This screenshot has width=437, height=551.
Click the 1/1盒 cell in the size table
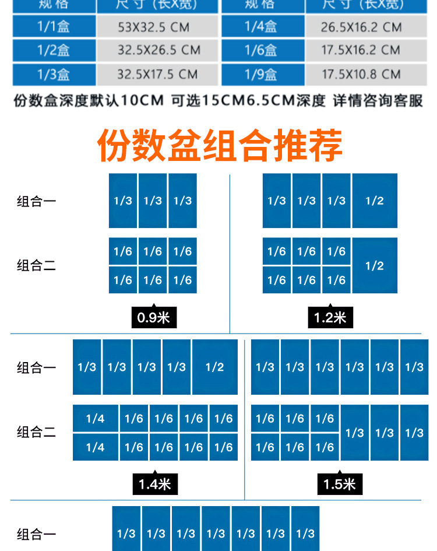pyautogui.click(x=53, y=27)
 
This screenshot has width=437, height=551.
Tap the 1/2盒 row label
pyautogui.click(x=53, y=51)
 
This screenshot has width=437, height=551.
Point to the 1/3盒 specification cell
pyautogui.click(x=53, y=75)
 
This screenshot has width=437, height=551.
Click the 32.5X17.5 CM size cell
pyautogui.click(x=157, y=75)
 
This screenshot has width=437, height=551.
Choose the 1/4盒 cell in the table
pyautogui.click(x=260, y=27)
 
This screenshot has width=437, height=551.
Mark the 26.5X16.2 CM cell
pyautogui.click(x=361, y=27)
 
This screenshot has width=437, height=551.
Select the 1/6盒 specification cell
pyautogui.click(x=260, y=51)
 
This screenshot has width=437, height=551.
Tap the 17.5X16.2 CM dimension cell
pyautogui.click(x=361, y=51)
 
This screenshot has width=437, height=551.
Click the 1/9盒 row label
pyautogui.click(x=260, y=75)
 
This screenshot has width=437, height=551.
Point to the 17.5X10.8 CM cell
pyautogui.click(x=361, y=75)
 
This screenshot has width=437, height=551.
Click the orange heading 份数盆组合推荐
pyautogui.click(x=220, y=146)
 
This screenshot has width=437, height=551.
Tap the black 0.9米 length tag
pyautogui.click(x=153, y=318)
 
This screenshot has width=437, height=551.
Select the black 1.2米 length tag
pyautogui.click(x=330, y=318)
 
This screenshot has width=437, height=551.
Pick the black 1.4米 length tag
pyautogui.click(x=154, y=484)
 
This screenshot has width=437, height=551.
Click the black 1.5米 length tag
pyautogui.click(x=340, y=484)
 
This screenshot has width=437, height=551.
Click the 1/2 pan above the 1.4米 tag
pyautogui.click(x=214, y=367)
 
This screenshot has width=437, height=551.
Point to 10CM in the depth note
pyautogui.click(x=143, y=101)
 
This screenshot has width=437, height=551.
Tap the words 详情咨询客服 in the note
pyautogui.click(x=378, y=101)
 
